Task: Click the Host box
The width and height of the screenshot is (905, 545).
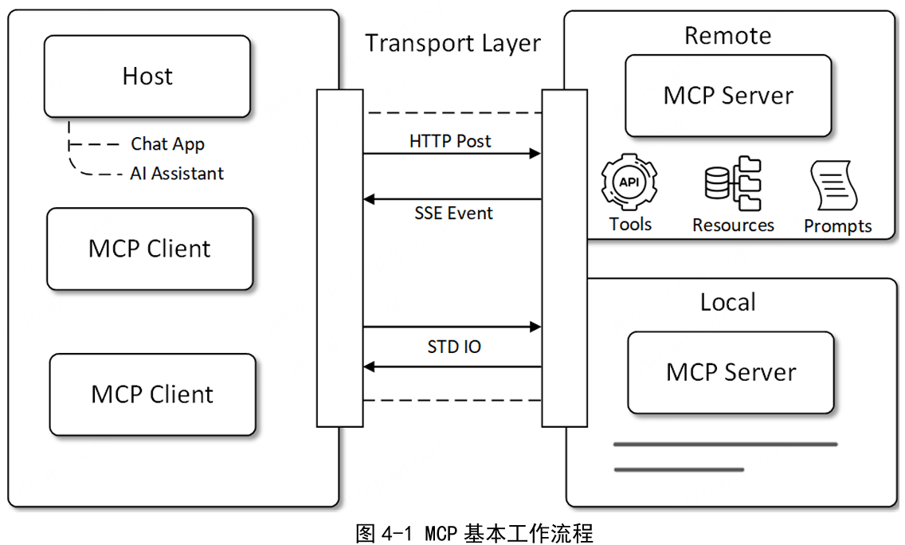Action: (x=147, y=76)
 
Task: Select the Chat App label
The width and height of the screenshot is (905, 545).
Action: (x=167, y=144)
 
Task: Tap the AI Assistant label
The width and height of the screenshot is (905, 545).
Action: (x=177, y=174)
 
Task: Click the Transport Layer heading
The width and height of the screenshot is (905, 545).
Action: (x=452, y=43)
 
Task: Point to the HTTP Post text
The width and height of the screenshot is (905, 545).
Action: (x=450, y=141)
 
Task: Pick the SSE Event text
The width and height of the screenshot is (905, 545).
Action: (x=453, y=214)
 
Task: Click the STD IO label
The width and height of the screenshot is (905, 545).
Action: (x=454, y=347)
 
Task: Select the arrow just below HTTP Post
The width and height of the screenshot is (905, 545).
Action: (x=452, y=154)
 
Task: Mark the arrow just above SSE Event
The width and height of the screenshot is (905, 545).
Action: (x=452, y=199)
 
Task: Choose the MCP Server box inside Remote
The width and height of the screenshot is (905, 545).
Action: (x=728, y=96)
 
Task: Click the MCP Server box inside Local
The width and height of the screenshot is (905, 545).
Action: (x=731, y=372)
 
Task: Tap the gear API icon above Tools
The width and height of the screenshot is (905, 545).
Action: (x=629, y=182)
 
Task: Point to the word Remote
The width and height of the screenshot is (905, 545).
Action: (x=727, y=36)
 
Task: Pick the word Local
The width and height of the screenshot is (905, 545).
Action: (x=727, y=303)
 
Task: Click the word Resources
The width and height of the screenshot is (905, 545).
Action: (x=733, y=225)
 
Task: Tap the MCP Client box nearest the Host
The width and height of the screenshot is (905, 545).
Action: (x=150, y=249)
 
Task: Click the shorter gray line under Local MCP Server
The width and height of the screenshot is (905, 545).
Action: (x=679, y=469)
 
